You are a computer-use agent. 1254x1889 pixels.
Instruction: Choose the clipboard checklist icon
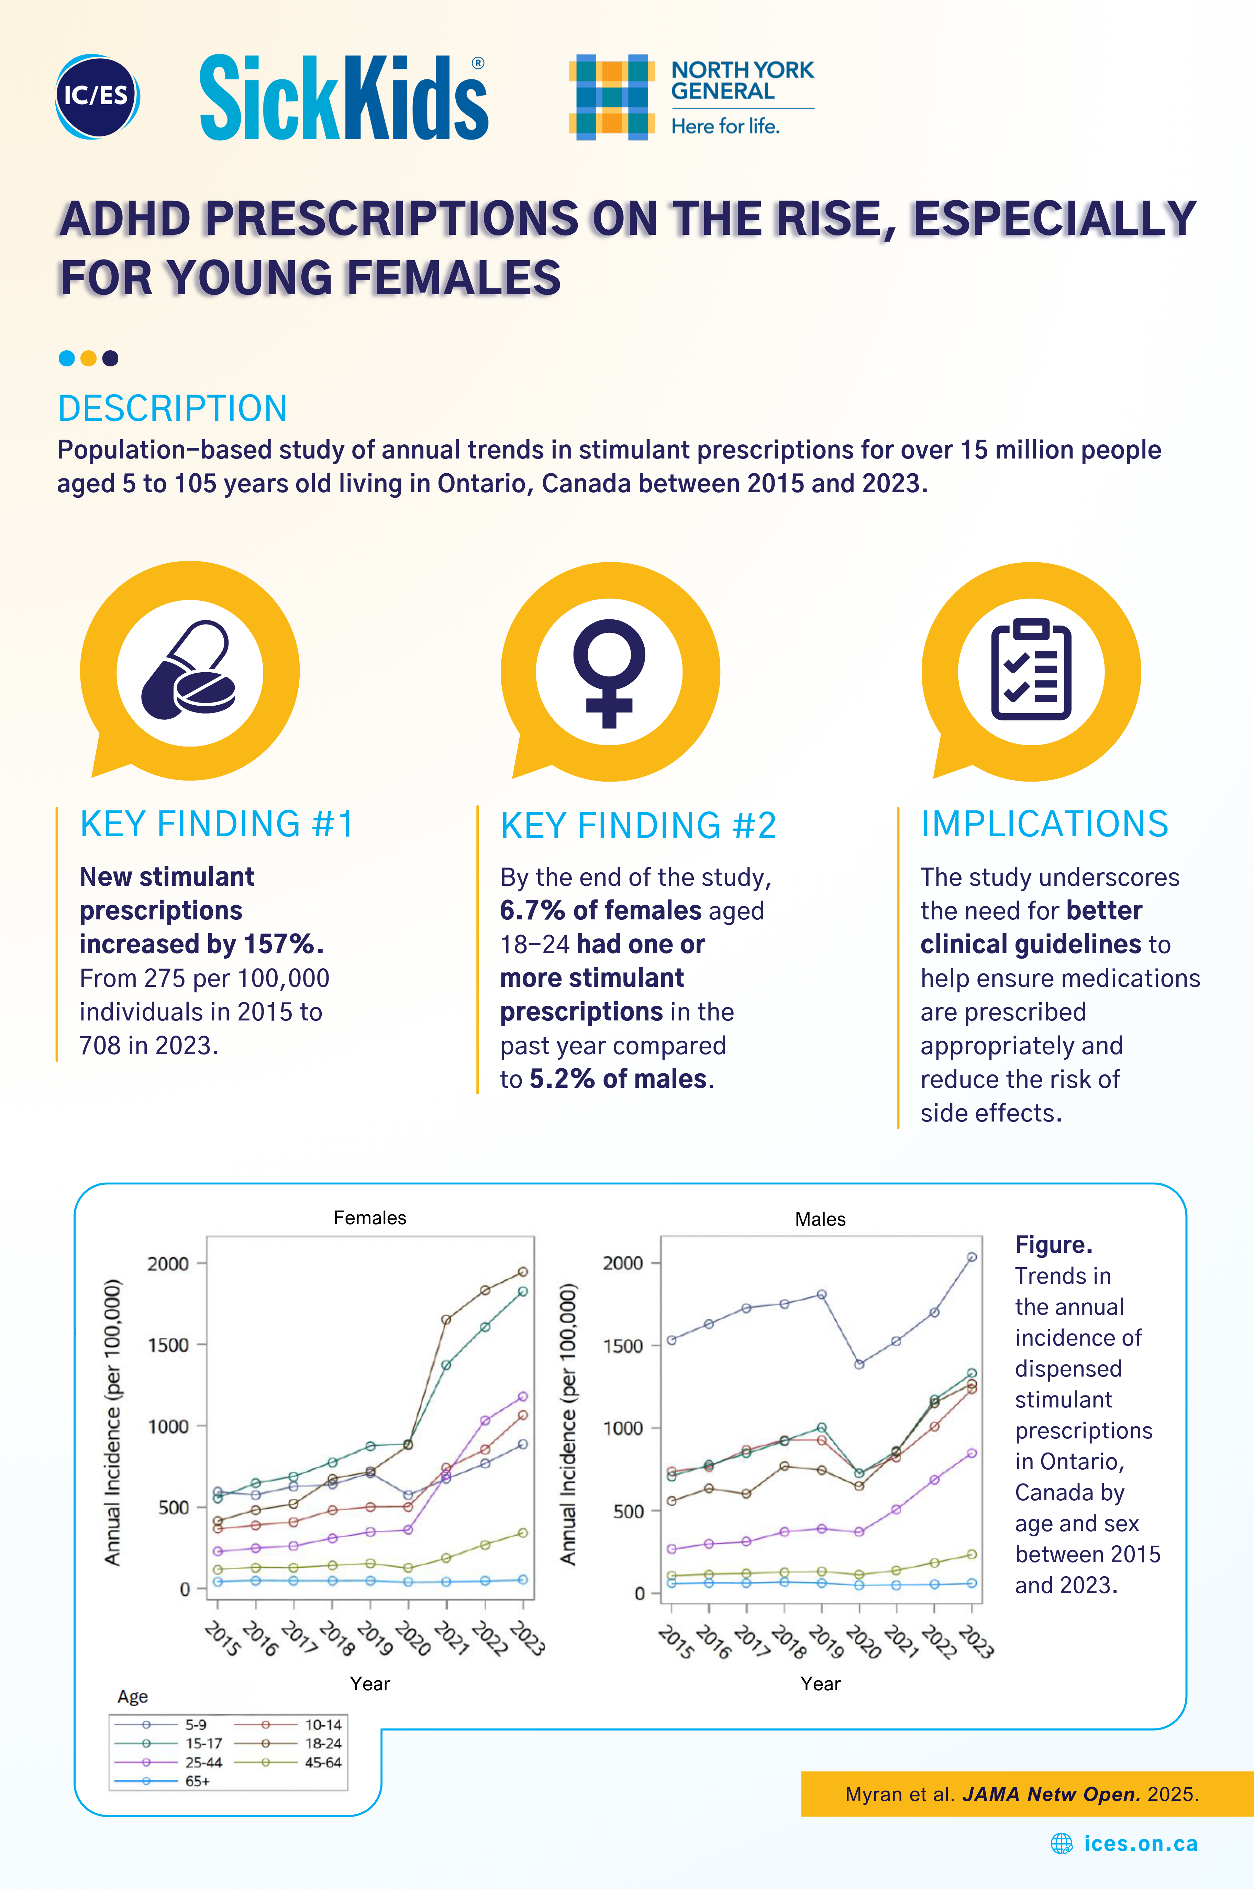(x=1031, y=670)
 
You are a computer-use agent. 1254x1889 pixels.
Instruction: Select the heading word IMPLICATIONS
(x=1044, y=825)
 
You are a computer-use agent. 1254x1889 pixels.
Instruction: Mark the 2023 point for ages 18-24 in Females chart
(x=523, y=1272)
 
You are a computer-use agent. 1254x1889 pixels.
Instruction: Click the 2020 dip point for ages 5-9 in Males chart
(x=859, y=1365)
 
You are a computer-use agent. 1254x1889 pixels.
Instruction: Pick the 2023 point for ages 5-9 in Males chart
(x=972, y=1257)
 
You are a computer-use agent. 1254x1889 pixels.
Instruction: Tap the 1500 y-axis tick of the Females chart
(x=168, y=1345)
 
